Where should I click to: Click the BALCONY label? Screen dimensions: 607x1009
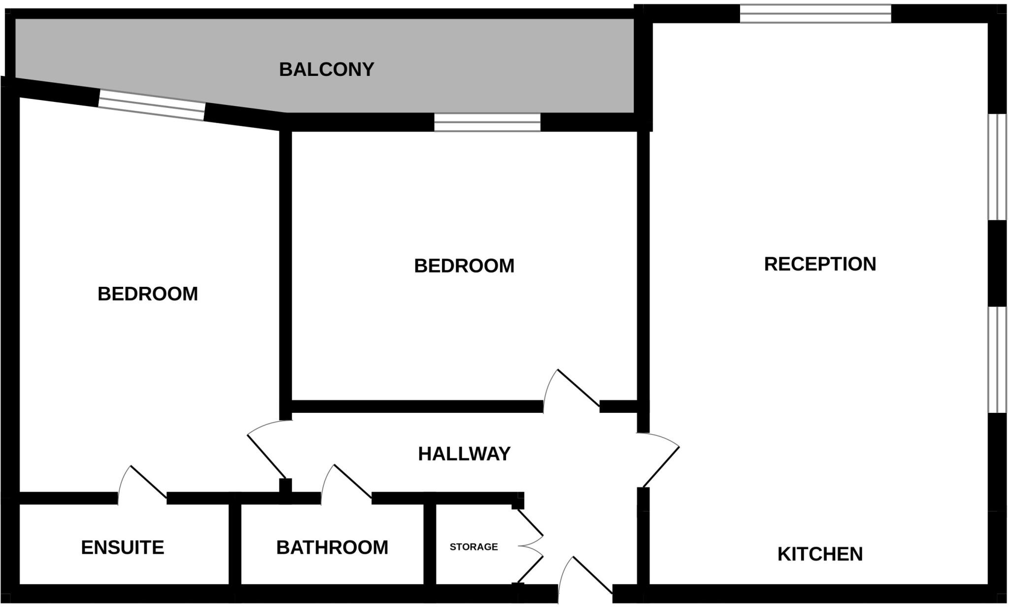click(327, 69)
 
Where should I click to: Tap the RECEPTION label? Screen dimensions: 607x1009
click(820, 264)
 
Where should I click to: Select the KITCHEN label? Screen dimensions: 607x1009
click(820, 554)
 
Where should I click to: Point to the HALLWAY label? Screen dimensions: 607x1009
click(464, 454)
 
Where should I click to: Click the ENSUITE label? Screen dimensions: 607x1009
click(122, 547)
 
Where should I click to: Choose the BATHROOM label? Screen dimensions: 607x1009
click(332, 547)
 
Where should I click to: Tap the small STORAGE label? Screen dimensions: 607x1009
click(473, 547)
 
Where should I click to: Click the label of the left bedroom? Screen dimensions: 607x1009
click(147, 294)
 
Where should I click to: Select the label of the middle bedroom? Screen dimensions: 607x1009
click(464, 266)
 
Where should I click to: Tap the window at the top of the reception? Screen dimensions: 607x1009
click(815, 14)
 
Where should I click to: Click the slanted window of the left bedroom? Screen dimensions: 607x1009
click(151, 105)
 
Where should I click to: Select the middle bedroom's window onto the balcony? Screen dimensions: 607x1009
click(487, 123)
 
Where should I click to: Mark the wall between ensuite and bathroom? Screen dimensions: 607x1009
click(235, 544)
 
